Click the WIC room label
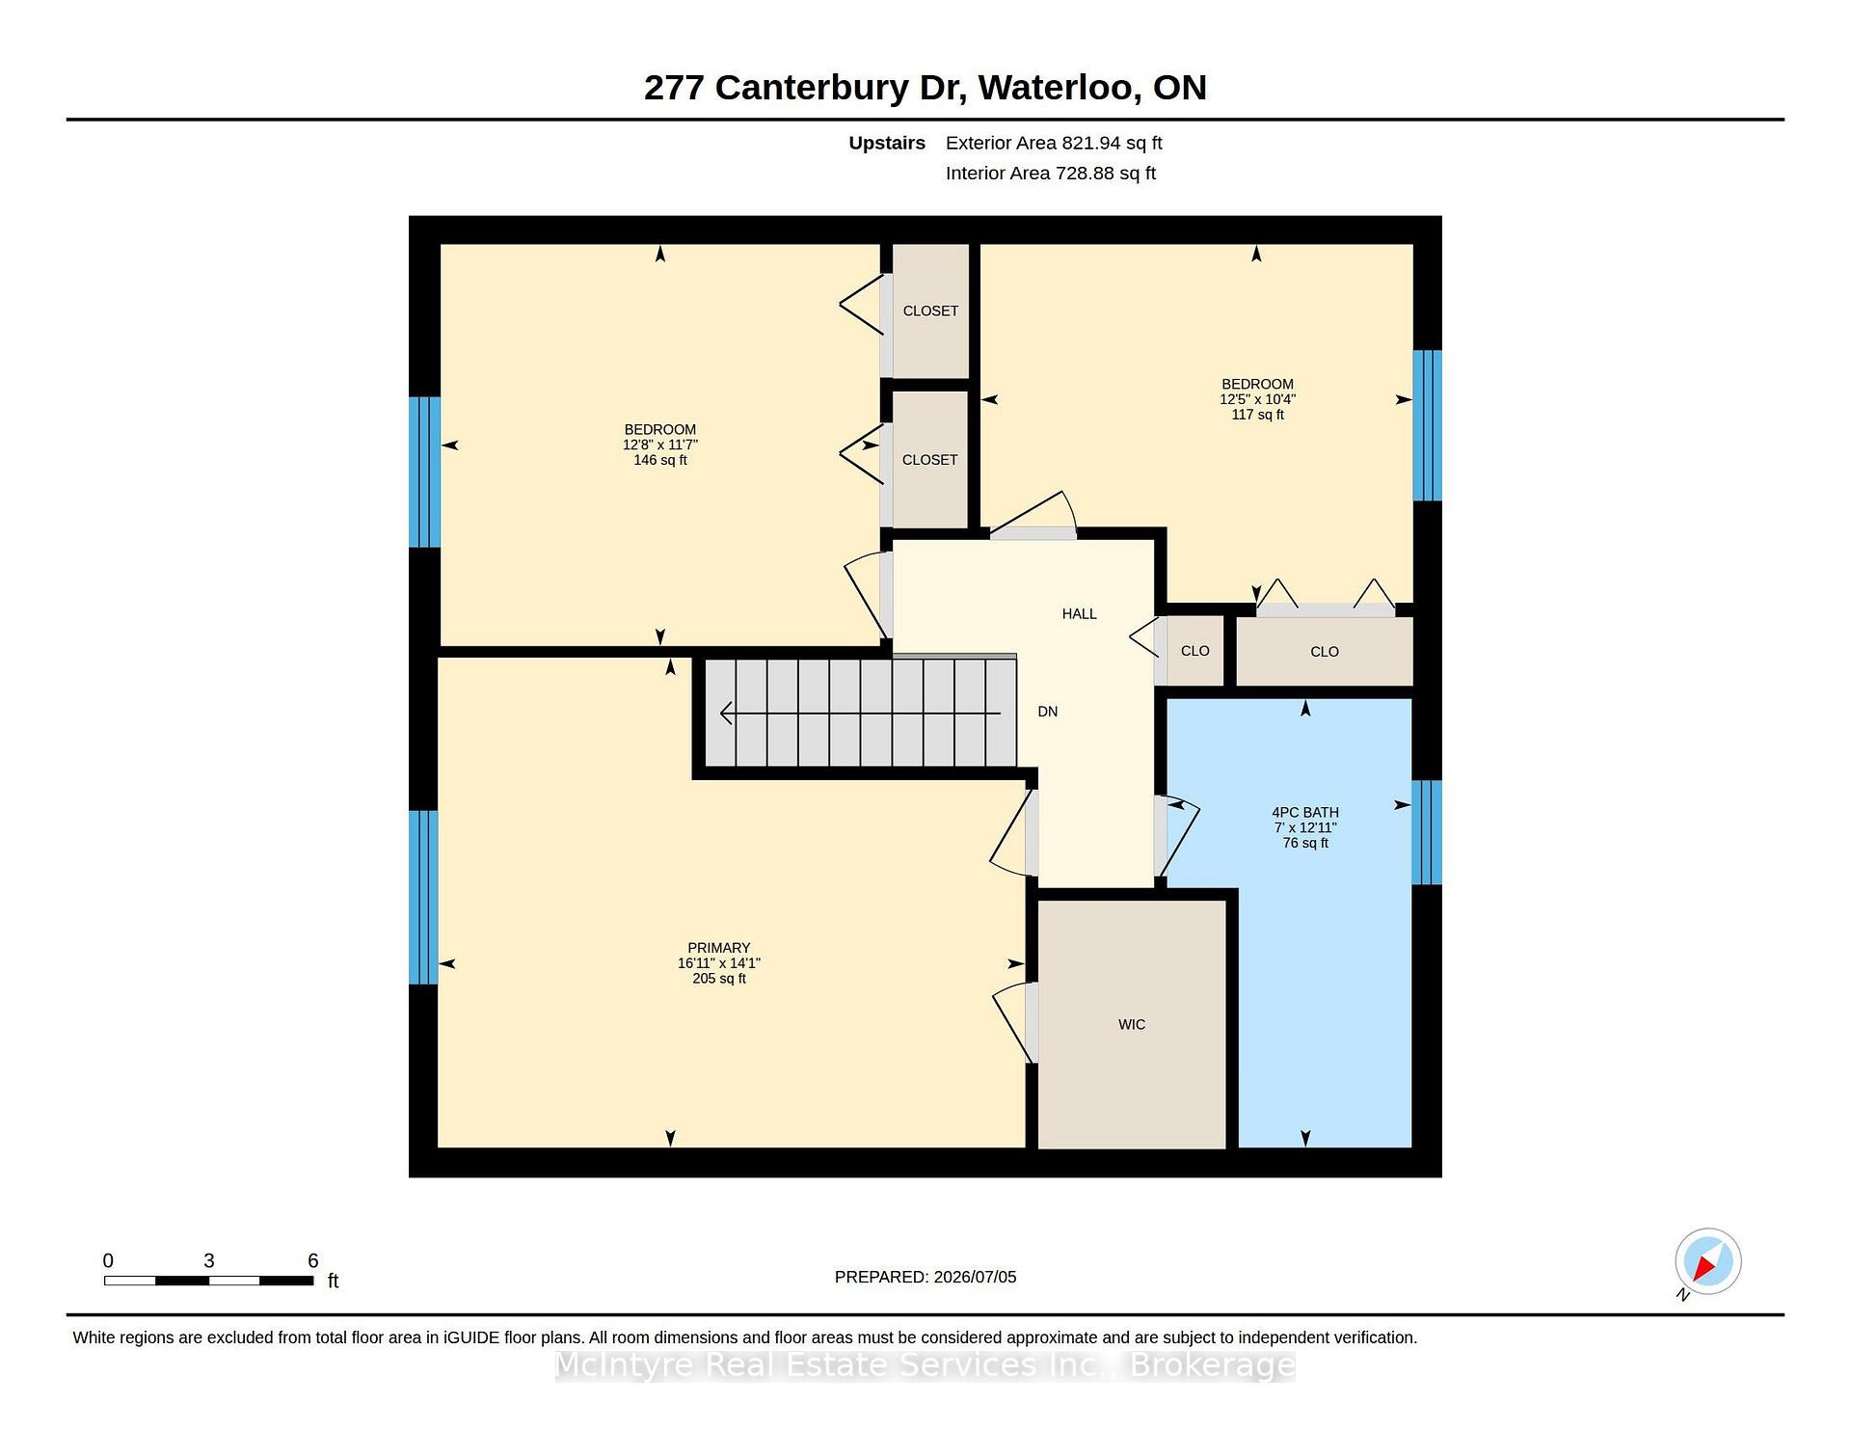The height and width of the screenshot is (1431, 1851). pyautogui.click(x=1132, y=1024)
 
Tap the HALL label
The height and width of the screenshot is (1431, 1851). pyautogui.click(x=1079, y=613)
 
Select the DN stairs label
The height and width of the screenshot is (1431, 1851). pyautogui.click(x=1047, y=712)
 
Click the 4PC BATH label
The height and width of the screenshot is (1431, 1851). pyautogui.click(x=1305, y=812)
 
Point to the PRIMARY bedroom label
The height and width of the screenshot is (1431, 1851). pyautogui.click(x=718, y=948)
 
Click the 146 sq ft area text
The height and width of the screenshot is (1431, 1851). pyautogui.click(x=660, y=460)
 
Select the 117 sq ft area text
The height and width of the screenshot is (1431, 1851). pyautogui.click(x=1257, y=415)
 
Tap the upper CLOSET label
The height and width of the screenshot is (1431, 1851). pyautogui.click(x=930, y=310)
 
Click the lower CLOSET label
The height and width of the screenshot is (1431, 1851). pyautogui.click(x=929, y=460)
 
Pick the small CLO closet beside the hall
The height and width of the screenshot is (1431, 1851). pyautogui.click(x=1194, y=651)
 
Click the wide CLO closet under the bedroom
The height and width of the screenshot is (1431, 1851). pyautogui.click(x=1325, y=652)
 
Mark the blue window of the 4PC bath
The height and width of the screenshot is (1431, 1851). pyautogui.click(x=1427, y=832)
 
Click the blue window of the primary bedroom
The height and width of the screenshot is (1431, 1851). pyautogui.click(x=423, y=897)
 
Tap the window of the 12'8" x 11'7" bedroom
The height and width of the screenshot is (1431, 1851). pyautogui.click(x=424, y=472)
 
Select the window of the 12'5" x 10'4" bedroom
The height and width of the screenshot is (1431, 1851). pyautogui.click(x=1427, y=425)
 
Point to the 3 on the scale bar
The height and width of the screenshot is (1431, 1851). pyautogui.click(x=208, y=1260)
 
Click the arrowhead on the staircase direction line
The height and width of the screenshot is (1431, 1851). pyautogui.click(x=727, y=714)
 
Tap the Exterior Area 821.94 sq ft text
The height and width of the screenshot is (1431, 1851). pyautogui.click(x=1054, y=143)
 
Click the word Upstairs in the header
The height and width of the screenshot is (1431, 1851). pyautogui.click(x=887, y=143)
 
